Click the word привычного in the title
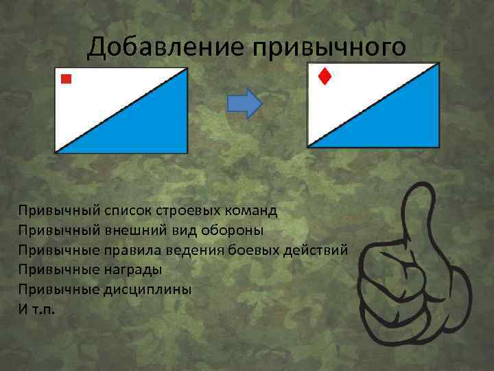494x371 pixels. (x=329, y=47)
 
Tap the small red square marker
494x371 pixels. (x=66, y=79)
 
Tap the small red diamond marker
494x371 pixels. (x=324, y=76)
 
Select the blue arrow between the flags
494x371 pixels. (x=245, y=103)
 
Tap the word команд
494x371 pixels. (x=252, y=208)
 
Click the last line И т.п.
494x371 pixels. (x=36, y=309)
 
